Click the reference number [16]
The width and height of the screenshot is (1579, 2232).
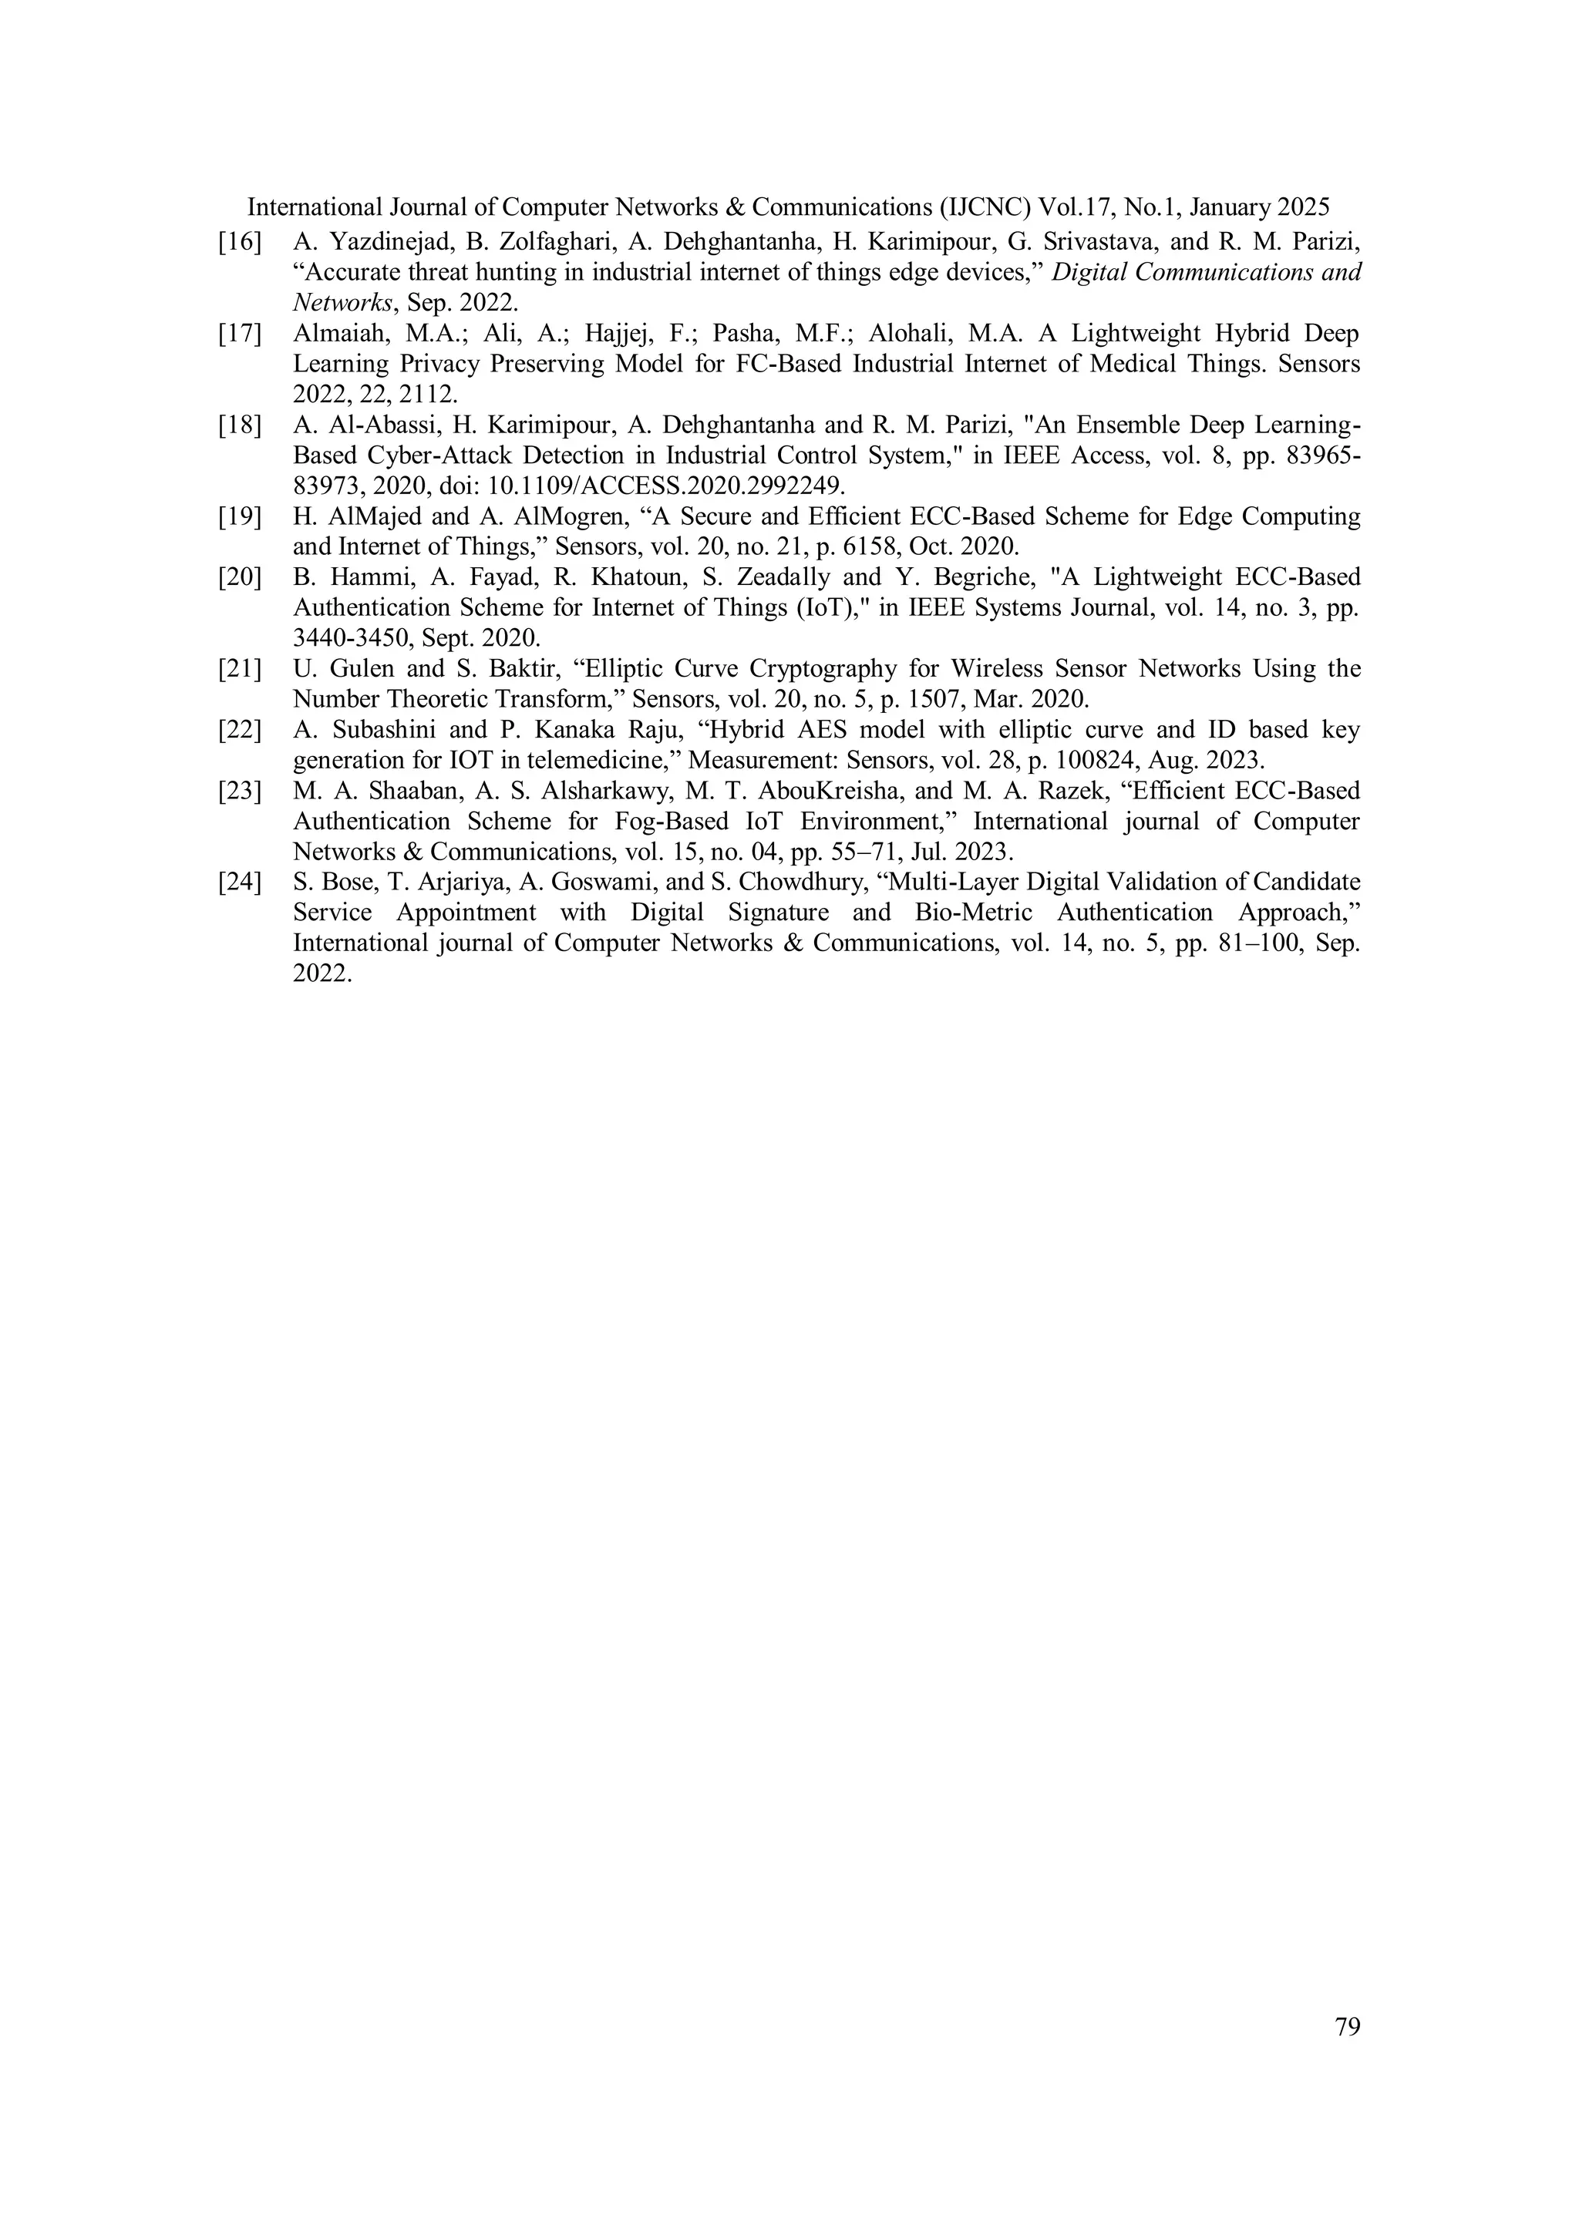click(240, 242)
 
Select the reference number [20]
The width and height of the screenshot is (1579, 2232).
click(240, 577)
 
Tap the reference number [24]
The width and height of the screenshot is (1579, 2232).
click(240, 882)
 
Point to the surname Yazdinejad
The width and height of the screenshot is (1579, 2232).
click(385, 242)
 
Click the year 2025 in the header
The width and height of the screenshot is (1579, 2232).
click(1304, 207)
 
